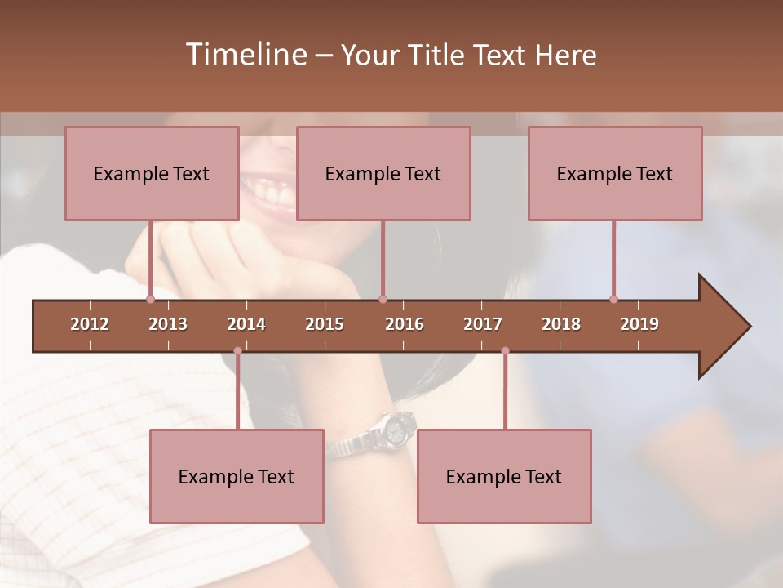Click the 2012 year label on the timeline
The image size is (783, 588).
click(90, 324)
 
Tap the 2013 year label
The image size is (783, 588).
click(168, 324)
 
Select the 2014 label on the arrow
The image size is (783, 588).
click(246, 324)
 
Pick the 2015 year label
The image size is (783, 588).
click(325, 324)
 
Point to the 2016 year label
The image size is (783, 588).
click(405, 324)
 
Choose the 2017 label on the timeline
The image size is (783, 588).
click(483, 324)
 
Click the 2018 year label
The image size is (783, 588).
click(561, 324)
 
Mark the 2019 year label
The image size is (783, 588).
click(639, 324)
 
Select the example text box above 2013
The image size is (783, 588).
click(152, 173)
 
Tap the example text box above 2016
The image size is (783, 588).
click(383, 173)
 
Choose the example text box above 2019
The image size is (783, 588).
click(615, 173)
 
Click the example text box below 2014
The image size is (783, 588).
click(237, 476)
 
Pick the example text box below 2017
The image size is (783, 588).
click(504, 476)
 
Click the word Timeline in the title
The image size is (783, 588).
click(245, 55)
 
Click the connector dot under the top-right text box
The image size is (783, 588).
click(614, 299)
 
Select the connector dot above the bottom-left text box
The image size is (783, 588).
click(237, 351)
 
